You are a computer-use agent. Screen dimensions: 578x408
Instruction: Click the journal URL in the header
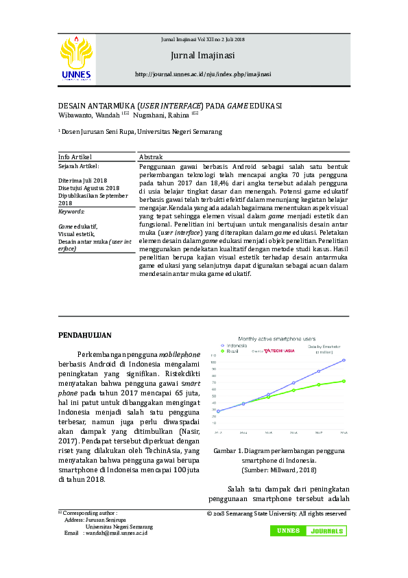pos(203,74)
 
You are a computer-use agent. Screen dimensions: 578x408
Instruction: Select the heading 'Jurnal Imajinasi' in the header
pos(203,55)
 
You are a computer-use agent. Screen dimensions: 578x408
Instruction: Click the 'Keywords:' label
pos(71,212)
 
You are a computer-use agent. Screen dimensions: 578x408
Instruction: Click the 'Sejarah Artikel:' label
pos(79,166)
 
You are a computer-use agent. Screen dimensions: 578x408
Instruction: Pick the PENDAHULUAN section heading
pos(84,334)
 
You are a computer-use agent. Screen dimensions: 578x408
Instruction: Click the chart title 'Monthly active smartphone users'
pos(276,339)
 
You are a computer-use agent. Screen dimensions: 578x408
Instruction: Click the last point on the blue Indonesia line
pos(344,360)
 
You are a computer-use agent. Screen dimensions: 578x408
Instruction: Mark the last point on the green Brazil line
pos(344,381)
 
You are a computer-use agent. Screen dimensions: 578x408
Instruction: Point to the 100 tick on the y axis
pos(213,362)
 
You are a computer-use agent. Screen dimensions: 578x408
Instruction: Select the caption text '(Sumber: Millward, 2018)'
pos(278,470)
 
